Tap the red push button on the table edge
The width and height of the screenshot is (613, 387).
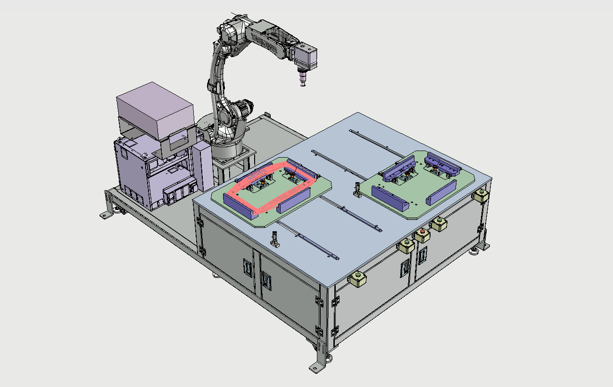(422, 232)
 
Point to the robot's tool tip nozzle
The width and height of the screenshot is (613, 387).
(302, 79)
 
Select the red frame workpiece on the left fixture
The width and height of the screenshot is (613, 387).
(270, 187)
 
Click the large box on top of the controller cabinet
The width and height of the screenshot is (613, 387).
(155, 110)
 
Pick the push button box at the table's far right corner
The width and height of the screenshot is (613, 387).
(481, 195)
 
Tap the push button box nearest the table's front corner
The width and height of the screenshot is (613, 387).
(358, 279)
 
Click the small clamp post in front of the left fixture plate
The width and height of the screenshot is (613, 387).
(275, 239)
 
